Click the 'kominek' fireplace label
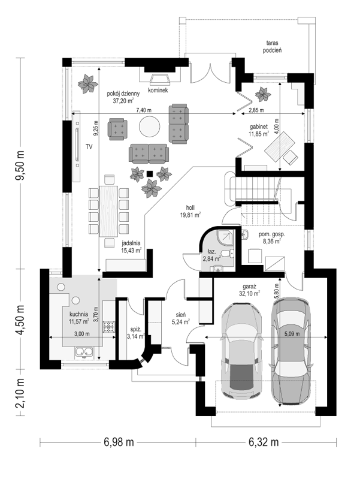click(x=159, y=90)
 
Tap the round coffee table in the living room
click(x=149, y=126)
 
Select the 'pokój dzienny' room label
click(x=123, y=94)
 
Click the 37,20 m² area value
click(x=123, y=101)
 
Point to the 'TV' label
click(x=89, y=146)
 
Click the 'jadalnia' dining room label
click(x=131, y=243)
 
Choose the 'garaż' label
click(x=250, y=287)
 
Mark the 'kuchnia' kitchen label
click(x=78, y=314)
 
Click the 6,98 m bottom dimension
click(x=119, y=442)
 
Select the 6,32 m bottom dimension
click(x=264, y=442)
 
